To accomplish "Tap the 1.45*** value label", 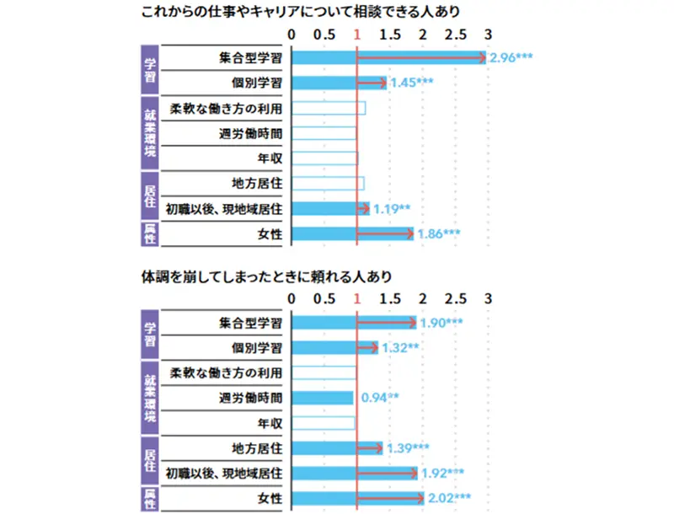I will [x=412, y=83].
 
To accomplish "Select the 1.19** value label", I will [x=392, y=208].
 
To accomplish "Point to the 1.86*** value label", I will [x=439, y=233].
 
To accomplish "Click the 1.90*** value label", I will [x=441, y=323].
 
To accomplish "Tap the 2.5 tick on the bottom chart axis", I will [x=455, y=298].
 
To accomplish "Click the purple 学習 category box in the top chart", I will [x=150, y=70].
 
